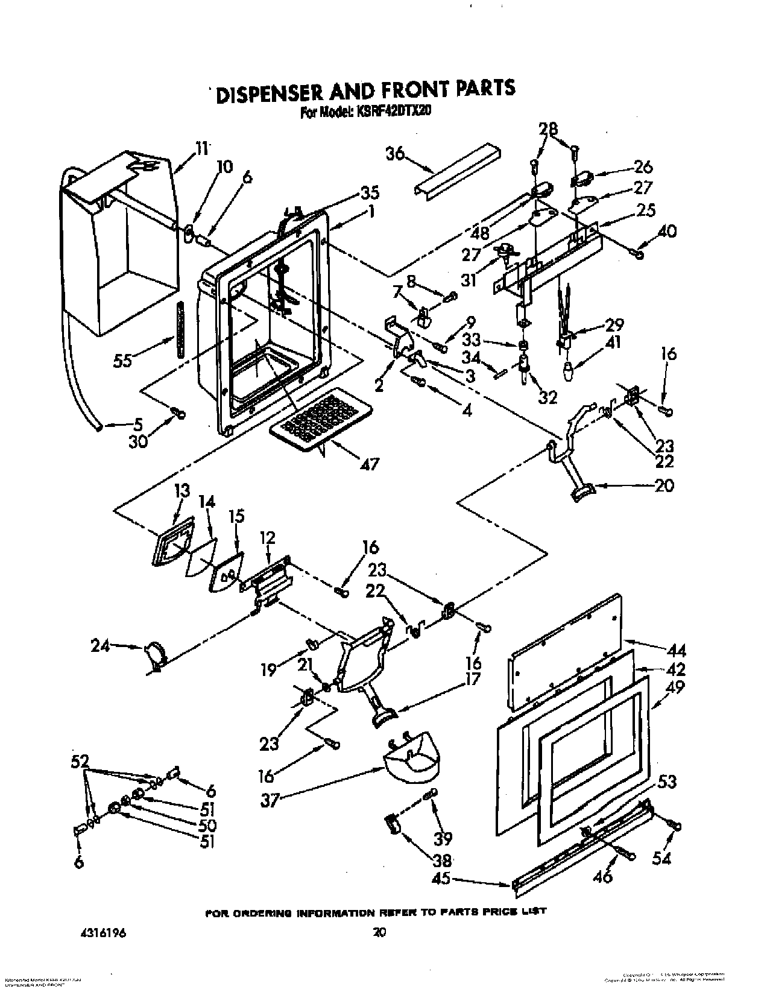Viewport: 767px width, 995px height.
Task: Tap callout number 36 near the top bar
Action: click(395, 155)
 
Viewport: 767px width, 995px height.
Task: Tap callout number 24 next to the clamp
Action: click(101, 646)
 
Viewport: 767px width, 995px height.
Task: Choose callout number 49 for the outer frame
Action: click(674, 687)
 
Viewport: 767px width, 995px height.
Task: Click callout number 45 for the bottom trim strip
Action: click(441, 879)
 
